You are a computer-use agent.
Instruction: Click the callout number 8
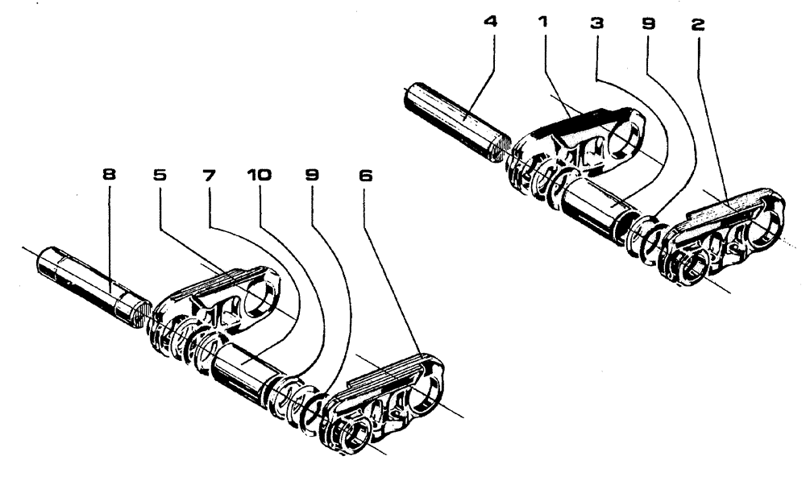106,176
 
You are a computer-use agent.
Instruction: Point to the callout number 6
366,176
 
